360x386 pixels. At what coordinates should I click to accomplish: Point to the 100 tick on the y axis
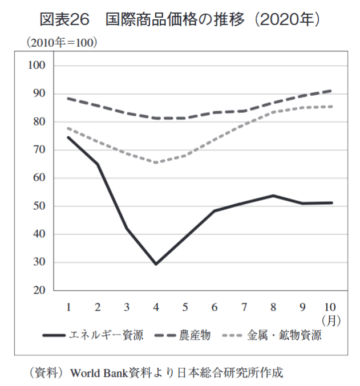point(38,66)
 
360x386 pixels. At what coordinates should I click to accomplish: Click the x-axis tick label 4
point(156,307)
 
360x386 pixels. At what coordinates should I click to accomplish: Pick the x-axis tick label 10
point(331,307)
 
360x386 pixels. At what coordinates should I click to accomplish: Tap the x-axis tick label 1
point(68,307)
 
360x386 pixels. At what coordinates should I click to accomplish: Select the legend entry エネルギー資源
point(106,335)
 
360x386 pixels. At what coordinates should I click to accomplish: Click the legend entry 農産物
point(196,335)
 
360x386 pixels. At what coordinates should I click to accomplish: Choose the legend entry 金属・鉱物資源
point(285,335)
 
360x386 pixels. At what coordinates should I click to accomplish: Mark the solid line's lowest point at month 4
point(156,264)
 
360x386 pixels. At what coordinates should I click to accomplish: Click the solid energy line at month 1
point(68,137)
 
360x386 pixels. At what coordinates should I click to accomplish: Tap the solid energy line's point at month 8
point(273,196)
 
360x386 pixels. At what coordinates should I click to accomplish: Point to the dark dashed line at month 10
point(331,91)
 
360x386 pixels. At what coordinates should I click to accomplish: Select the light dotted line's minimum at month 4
point(156,162)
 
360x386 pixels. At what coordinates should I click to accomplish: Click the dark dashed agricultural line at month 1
point(68,98)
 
